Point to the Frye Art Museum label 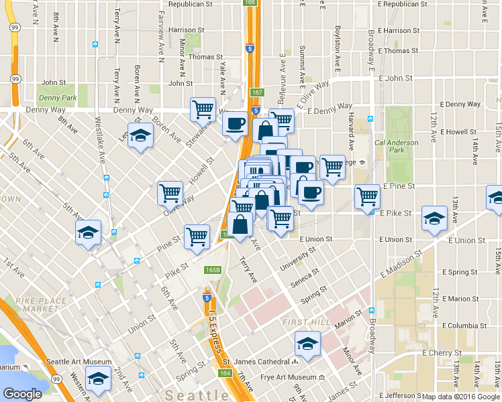(x=288, y=377)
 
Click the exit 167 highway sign (x=256, y=92)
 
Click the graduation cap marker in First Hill (x=308, y=344)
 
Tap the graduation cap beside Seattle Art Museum (x=98, y=379)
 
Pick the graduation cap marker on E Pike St (x=434, y=218)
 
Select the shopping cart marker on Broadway (x=368, y=197)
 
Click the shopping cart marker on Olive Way (x=170, y=193)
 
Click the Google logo (x=23, y=394)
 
